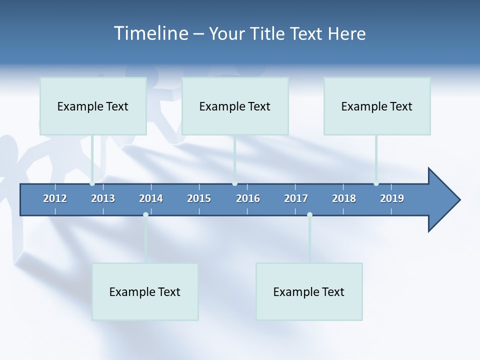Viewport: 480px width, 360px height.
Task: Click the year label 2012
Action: coord(55,198)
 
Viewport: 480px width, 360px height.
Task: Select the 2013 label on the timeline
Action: coord(103,198)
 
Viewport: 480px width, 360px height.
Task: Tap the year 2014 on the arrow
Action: coord(151,198)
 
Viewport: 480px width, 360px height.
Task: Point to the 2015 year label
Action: coord(199,198)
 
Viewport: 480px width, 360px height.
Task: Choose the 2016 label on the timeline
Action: coord(248,198)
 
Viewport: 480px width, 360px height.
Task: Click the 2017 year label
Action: coord(296,198)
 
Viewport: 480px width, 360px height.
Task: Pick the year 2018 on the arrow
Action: coord(344,198)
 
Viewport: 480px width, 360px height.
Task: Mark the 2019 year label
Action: coord(392,198)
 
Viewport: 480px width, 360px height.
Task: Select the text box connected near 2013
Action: coord(93,106)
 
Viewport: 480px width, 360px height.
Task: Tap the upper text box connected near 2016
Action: coord(235,106)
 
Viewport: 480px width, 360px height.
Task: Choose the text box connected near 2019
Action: coord(377,106)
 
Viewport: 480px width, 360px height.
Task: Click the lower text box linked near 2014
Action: coord(145,291)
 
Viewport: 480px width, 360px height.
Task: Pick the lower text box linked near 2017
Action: coord(309,291)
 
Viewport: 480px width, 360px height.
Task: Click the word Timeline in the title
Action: coord(150,33)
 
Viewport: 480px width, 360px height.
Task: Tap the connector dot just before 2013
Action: coord(92,183)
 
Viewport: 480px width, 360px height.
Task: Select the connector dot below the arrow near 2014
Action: coord(145,215)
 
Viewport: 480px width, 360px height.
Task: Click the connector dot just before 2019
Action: coord(376,183)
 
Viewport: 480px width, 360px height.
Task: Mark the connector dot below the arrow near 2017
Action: coord(309,215)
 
